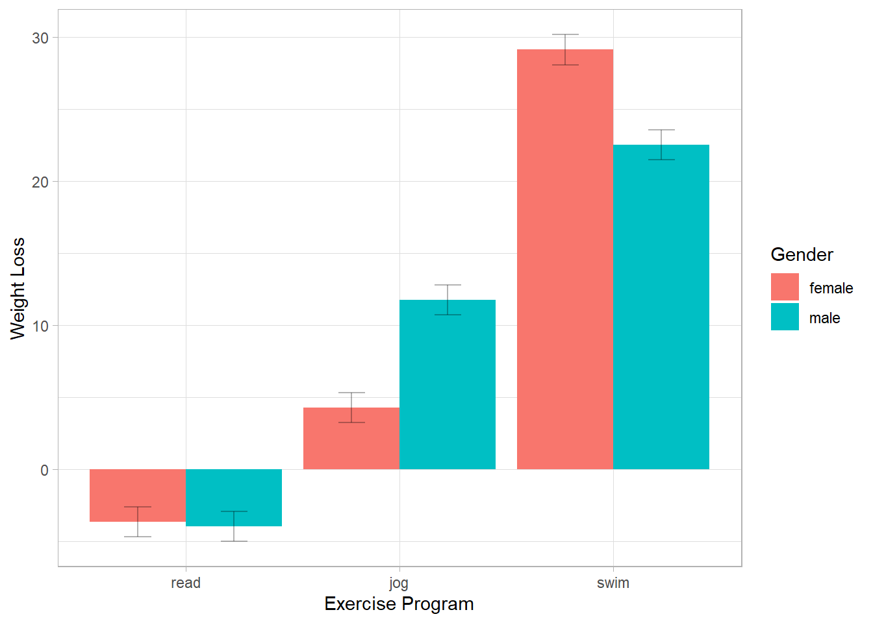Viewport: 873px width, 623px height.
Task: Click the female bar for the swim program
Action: point(564,260)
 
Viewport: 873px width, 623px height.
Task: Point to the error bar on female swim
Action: point(565,49)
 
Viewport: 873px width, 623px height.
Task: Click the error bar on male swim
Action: point(661,145)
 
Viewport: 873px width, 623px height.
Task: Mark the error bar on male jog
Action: point(448,300)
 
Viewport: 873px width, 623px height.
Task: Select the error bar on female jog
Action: point(351,408)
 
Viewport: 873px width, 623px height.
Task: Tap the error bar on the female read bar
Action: point(138,522)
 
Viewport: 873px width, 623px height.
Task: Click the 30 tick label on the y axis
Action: point(40,38)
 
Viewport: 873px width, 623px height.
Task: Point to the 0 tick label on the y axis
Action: point(44,470)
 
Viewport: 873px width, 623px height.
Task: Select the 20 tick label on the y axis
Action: point(40,182)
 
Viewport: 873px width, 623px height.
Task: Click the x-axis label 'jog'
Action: point(399,583)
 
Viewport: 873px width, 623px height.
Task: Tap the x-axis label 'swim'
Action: point(613,583)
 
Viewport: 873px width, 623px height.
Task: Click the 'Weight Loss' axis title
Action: point(18,288)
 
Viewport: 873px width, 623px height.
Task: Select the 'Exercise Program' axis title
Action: point(399,604)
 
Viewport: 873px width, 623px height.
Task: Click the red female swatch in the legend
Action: point(785,287)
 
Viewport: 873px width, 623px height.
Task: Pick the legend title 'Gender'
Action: point(802,254)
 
